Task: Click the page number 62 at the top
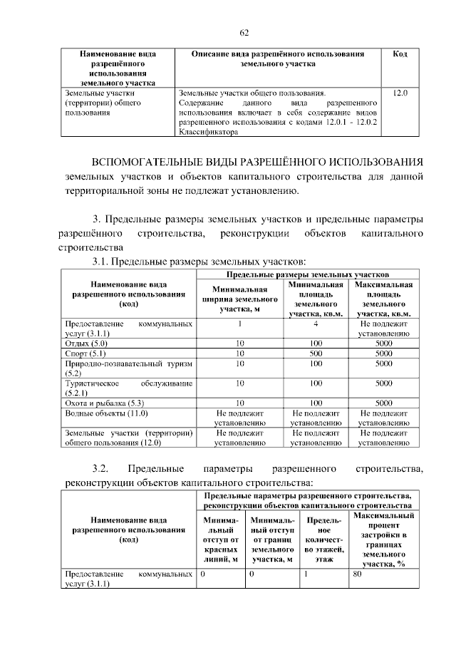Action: pyautogui.click(x=244, y=33)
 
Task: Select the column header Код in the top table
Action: pyautogui.click(x=400, y=54)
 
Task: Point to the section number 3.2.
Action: pyautogui.click(x=100, y=468)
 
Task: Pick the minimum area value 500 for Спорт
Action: pyautogui.click(x=317, y=353)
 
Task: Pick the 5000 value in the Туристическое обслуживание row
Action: pyautogui.click(x=384, y=383)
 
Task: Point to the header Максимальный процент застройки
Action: pyautogui.click(x=383, y=540)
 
